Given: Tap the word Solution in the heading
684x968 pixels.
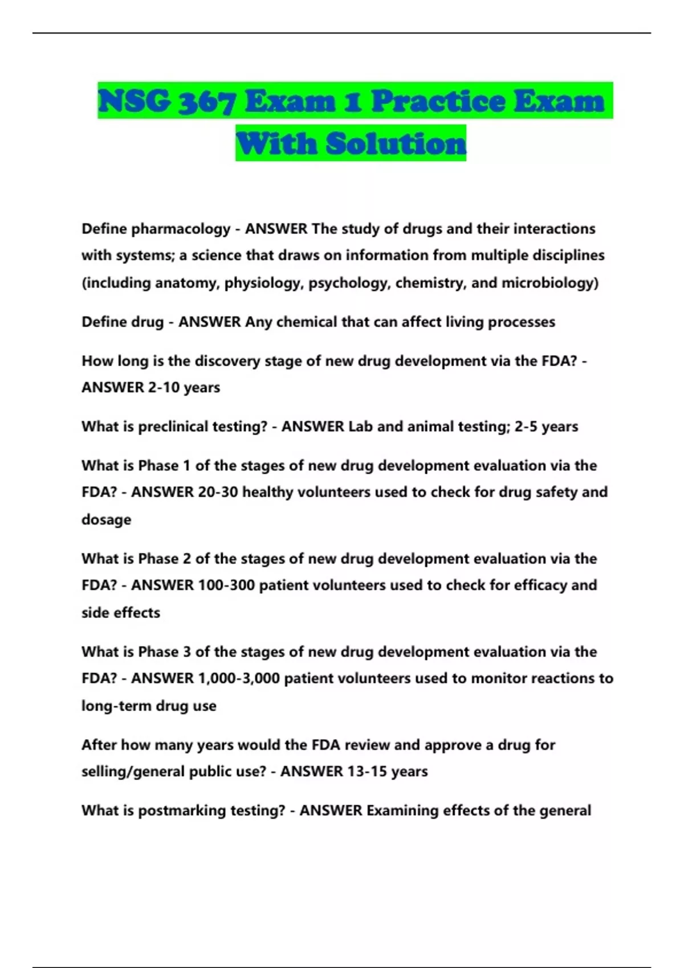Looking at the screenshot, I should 396,143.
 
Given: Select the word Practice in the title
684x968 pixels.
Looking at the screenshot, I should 438,102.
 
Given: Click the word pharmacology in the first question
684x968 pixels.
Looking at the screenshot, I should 181,229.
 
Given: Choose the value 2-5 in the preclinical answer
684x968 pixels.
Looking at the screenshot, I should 526,426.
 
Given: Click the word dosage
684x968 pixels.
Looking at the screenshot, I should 106,520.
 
